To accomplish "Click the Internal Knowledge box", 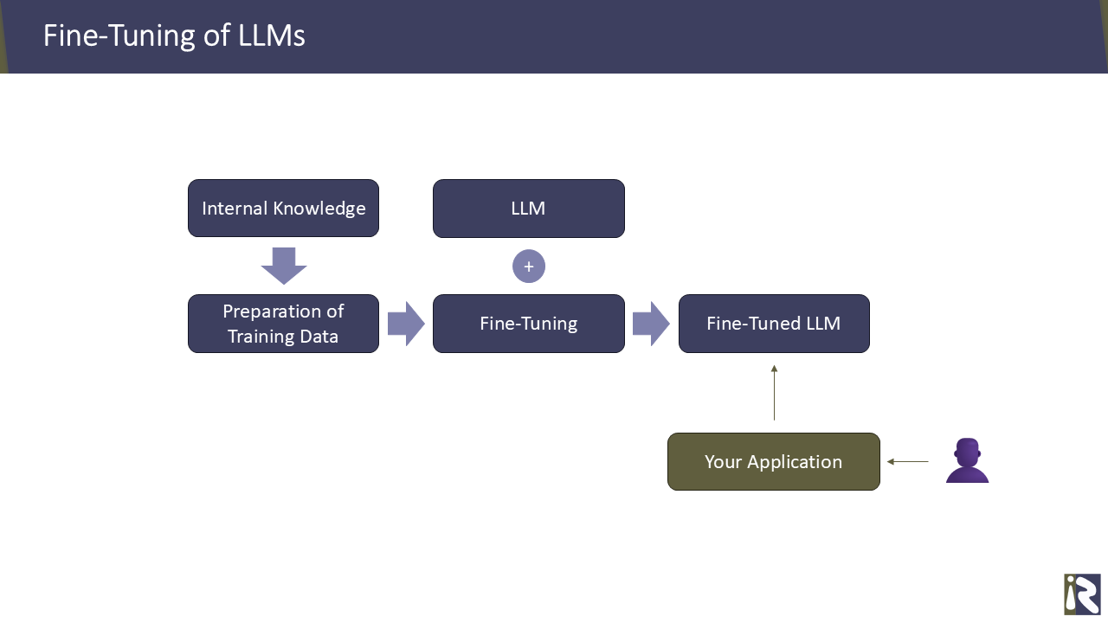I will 283,209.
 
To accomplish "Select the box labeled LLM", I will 528,209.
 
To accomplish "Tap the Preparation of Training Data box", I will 283,324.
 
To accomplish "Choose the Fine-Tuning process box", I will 528,324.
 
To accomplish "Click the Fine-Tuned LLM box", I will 773,324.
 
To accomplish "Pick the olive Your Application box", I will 773,461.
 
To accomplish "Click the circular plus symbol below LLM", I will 529,267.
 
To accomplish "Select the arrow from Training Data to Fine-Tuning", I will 405,324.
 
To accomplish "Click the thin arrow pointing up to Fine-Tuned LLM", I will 774,393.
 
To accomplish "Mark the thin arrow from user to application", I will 908,462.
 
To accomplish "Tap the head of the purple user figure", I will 967,450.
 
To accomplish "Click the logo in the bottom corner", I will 1082,594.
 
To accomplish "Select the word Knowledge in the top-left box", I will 319,209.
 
